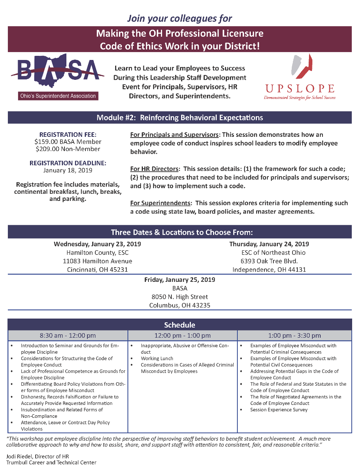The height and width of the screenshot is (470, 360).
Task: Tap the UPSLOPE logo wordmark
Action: pyautogui.click(x=300, y=89)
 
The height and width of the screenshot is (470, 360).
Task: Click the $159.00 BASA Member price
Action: pyautogui.click(x=68, y=142)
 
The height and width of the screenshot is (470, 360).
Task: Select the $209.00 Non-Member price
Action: pyautogui.click(x=68, y=149)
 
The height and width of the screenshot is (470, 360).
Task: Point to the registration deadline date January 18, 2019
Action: pyautogui.click(x=68, y=170)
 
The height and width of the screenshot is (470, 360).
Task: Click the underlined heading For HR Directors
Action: pyautogui.click(x=154, y=169)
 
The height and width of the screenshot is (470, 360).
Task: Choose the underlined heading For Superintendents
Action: pyautogui.click(x=160, y=203)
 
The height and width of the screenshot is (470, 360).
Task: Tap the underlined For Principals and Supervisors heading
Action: pyautogui.click(x=174, y=135)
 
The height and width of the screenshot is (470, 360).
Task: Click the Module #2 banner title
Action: pyautogui.click(x=180, y=118)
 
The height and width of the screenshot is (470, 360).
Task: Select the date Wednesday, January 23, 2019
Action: pyautogui.click(x=97, y=244)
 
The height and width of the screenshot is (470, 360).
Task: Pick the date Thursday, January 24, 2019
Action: pyautogui.click(x=269, y=244)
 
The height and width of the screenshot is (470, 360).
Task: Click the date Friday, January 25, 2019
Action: pyautogui.click(x=180, y=280)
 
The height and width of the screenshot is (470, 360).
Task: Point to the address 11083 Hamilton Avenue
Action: pyautogui.click(x=97, y=261)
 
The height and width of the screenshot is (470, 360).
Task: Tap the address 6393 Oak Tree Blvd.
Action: pyautogui.click(x=269, y=261)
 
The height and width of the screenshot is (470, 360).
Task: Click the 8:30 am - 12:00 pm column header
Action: pyautogui.click(x=68, y=335)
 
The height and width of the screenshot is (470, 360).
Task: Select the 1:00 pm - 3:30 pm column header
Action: pyautogui.click(x=294, y=335)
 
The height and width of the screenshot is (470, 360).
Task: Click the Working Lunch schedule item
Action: pyautogui.click(x=157, y=358)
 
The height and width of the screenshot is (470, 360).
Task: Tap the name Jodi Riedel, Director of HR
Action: pyautogui.click(x=37, y=457)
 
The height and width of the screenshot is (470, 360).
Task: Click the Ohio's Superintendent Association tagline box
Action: pyautogui.click(x=58, y=96)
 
